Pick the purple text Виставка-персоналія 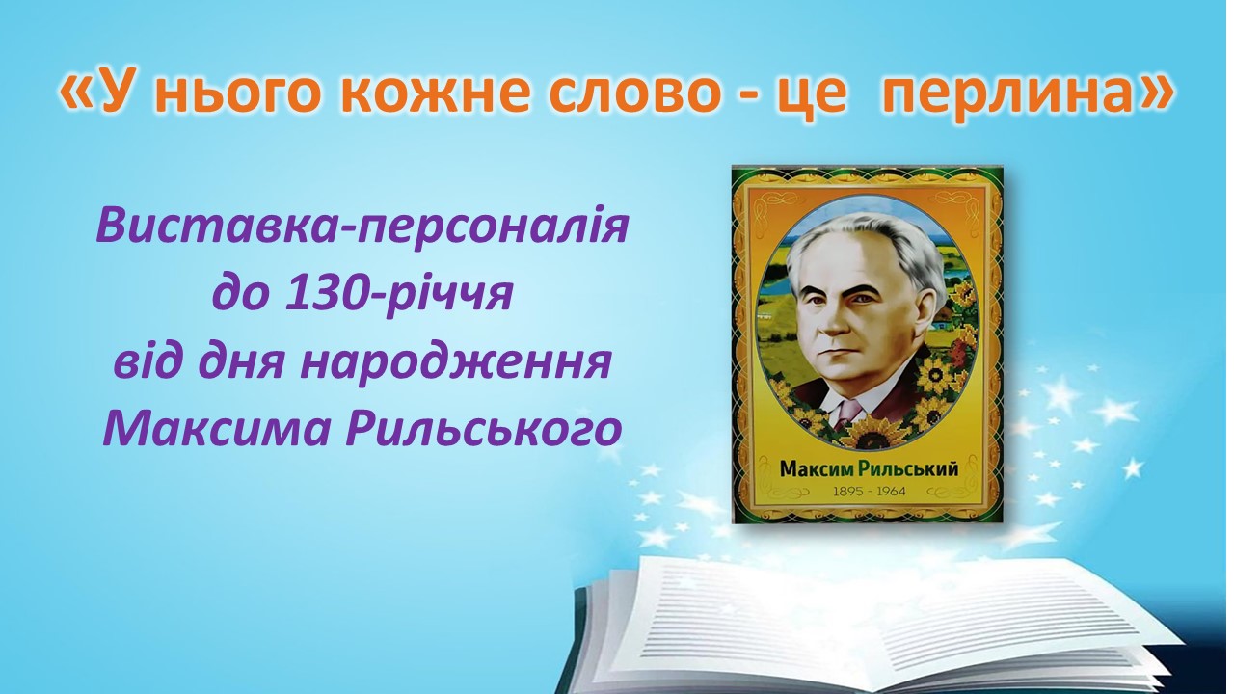click(362, 226)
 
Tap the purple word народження click(456, 363)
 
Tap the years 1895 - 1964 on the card click(870, 492)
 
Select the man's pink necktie click(847, 414)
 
